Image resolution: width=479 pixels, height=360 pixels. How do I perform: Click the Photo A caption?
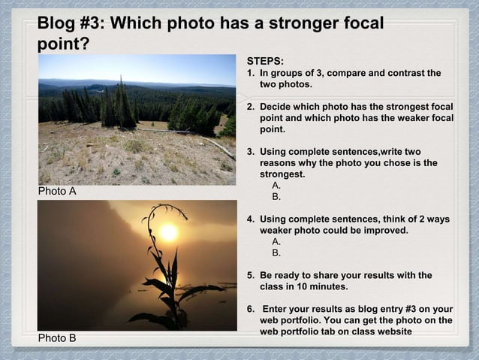pos(57,191)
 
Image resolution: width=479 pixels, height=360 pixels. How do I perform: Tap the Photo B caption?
pos(57,337)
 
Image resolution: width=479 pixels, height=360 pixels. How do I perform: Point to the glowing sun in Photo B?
pos(169,232)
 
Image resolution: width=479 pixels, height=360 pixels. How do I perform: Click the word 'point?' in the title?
pos(64,44)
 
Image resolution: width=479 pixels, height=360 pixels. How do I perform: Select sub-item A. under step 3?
pos(277,186)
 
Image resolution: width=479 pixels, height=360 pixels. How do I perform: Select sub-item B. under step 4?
pos(277,253)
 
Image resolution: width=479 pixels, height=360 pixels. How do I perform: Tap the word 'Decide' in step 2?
pos(276,107)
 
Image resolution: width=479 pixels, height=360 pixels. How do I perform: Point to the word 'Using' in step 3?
pos(273,152)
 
